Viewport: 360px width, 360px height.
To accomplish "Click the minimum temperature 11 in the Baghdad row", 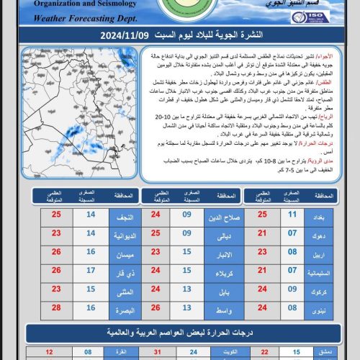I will coord(293,214).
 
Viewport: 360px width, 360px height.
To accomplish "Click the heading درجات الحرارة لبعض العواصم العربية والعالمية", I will coord(180,333).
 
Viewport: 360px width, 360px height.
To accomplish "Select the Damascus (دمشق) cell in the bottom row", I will coord(323,353).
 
